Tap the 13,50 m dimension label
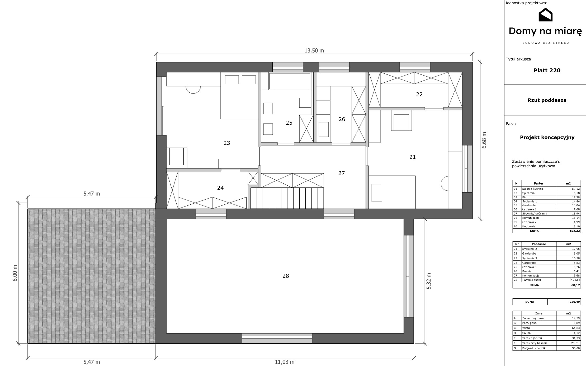click(x=314, y=50)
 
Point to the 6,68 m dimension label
click(x=484, y=140)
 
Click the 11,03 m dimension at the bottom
click(x=285, y=362)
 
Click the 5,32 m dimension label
click(x=429, y=281)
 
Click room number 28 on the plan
click(x=286, y=276)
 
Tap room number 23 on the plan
click(x=227, y=143)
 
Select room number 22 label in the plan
click(x=419, y=94)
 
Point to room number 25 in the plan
click(x=289, y=123)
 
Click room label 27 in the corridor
click(x=342, y=173)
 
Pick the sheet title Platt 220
click(x=547, y=70)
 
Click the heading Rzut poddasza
click(x=547, y=100)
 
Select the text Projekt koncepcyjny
click(x=547, y=137)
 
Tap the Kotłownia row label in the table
click(x=529, y=226)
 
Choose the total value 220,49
click(x=575, y=302)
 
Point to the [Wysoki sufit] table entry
click(x=531, y=280)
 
